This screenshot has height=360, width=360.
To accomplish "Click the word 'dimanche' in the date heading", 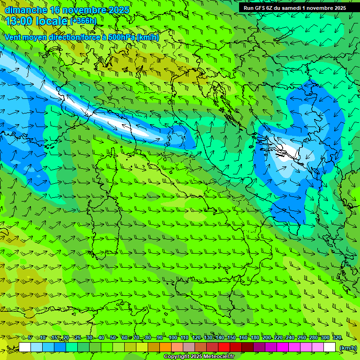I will (x=26, y=10).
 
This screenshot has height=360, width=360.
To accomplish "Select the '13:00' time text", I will (x=19, y=21).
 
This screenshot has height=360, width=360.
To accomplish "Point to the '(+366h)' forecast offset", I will (x=83, y=21).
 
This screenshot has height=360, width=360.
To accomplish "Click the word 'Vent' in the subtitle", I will (x=14, y=37).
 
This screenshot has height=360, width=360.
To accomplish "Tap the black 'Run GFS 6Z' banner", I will (x=295, y=8).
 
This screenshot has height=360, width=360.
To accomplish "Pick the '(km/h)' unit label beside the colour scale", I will (x=348, y=347).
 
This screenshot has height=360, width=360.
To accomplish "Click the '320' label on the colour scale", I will (x=337, y=338).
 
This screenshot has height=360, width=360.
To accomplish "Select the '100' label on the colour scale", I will (x=173, y=338).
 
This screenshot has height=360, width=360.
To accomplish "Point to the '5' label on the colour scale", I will (x=30, y=338).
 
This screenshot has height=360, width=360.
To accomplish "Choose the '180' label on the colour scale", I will (x=255, y=338).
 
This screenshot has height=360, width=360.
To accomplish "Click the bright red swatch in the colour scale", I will (x=225, y=347).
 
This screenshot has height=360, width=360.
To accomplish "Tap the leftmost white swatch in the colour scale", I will (x=25, y=347).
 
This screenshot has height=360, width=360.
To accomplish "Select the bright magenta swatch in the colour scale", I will (x=283, y=347).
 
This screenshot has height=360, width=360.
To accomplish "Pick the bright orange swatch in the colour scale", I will (x=166, y=347).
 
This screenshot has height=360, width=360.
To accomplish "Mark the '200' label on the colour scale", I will (x=267, y=338).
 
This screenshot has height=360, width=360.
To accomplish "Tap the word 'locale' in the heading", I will (x=51, y=21).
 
